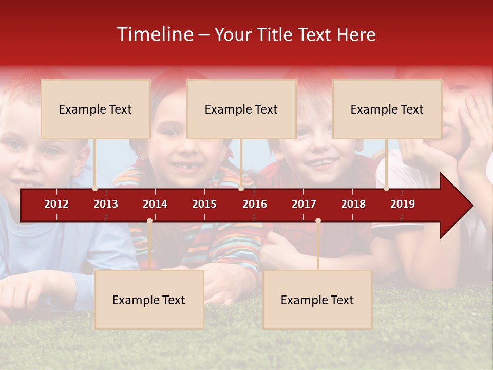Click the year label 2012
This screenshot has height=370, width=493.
56,204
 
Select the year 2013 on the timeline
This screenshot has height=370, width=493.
106,204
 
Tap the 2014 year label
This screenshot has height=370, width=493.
155,204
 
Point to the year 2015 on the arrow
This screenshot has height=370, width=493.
204,204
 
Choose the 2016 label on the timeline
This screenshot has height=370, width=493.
255,204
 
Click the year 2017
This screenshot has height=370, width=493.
304,204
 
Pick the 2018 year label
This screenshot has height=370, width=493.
353,204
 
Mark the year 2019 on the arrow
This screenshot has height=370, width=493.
403,204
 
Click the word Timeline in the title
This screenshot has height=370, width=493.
154,34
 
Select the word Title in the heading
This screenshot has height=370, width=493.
276,35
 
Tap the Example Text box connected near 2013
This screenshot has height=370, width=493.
96,109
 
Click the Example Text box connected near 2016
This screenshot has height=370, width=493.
241,109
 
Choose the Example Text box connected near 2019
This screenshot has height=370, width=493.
387,109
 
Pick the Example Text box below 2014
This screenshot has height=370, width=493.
149,300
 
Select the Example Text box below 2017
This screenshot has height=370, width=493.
317,300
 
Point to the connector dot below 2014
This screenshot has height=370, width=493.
149,221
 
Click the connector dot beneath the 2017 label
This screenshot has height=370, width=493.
318,221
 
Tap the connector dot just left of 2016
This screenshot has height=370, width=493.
241,189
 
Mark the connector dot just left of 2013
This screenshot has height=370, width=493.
95,189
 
